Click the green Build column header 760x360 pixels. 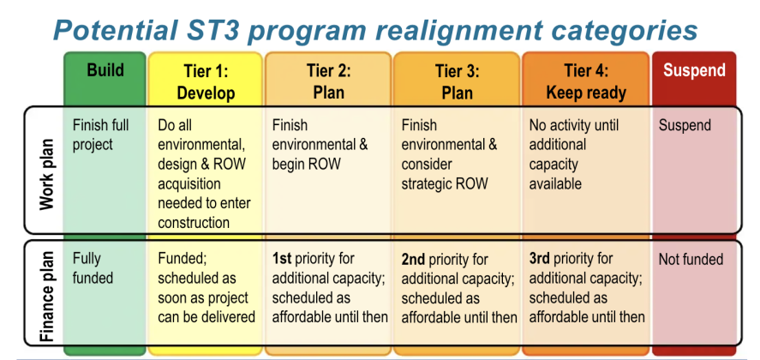(x=105, y=71)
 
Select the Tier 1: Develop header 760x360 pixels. (x=206, y=81)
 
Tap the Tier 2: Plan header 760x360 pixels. (x=328, y=81)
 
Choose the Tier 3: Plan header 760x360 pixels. (x=457, y=81)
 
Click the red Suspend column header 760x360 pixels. (x=694, y=71)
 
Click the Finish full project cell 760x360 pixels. (x=101, y=135)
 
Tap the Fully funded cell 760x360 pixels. (x=93, y=268)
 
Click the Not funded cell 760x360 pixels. (x=691, y=259)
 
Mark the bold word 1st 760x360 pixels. (x=283, y=259)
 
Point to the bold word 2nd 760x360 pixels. (x=415, y=259)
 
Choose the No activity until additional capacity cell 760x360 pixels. (x=571, y=154)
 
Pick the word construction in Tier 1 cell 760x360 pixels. (x=194, y=223)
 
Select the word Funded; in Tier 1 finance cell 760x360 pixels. (x=183, y=259)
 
